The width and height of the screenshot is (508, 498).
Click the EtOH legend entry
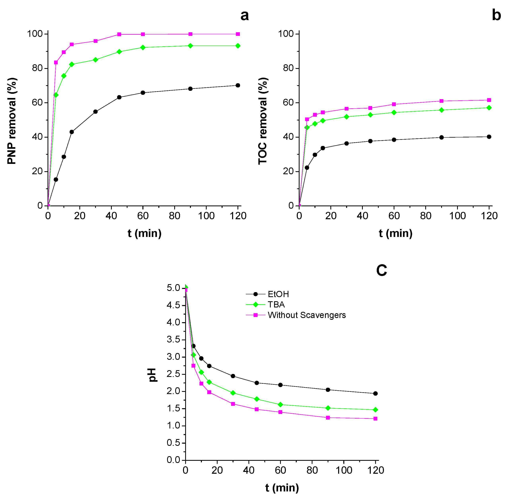pyautogui.click(x=278, y=294)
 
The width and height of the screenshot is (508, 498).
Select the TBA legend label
pyautogui.click(x=276, y=305)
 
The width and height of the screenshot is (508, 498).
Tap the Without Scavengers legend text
pyautogui.click(x=307, y=315)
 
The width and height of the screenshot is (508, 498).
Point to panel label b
pyautogui.click(x=496, y=15)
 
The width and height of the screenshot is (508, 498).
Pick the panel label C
pyautogui.click(x=381, y=270)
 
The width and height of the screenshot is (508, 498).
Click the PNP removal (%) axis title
pyautogui.click(x=12, y=121)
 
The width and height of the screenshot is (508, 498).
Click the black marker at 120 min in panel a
pyautogui.click(x=238, y=85)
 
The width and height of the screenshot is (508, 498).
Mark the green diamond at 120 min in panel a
pyautogui.click(x=238, y=46)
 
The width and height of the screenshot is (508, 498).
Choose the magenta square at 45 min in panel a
pyautogui.click(x=119, y=34)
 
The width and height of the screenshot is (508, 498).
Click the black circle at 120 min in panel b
pyautogui.click(x=489, y=137)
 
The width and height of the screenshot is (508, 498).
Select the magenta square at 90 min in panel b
pyautogui.click(x=441, y=101)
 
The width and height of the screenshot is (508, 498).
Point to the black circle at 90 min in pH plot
pyautogui.click(x=328, y=390)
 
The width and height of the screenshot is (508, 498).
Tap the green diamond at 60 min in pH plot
pyautogui.click(x=280, y=405)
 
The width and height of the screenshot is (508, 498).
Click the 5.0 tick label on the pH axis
pyautogui.click(x=173, y=288)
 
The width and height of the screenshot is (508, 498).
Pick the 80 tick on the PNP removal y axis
pyautogui.click(x=37, y=68)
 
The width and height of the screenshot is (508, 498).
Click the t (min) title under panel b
pyautogui.click(x=395, y=233)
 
